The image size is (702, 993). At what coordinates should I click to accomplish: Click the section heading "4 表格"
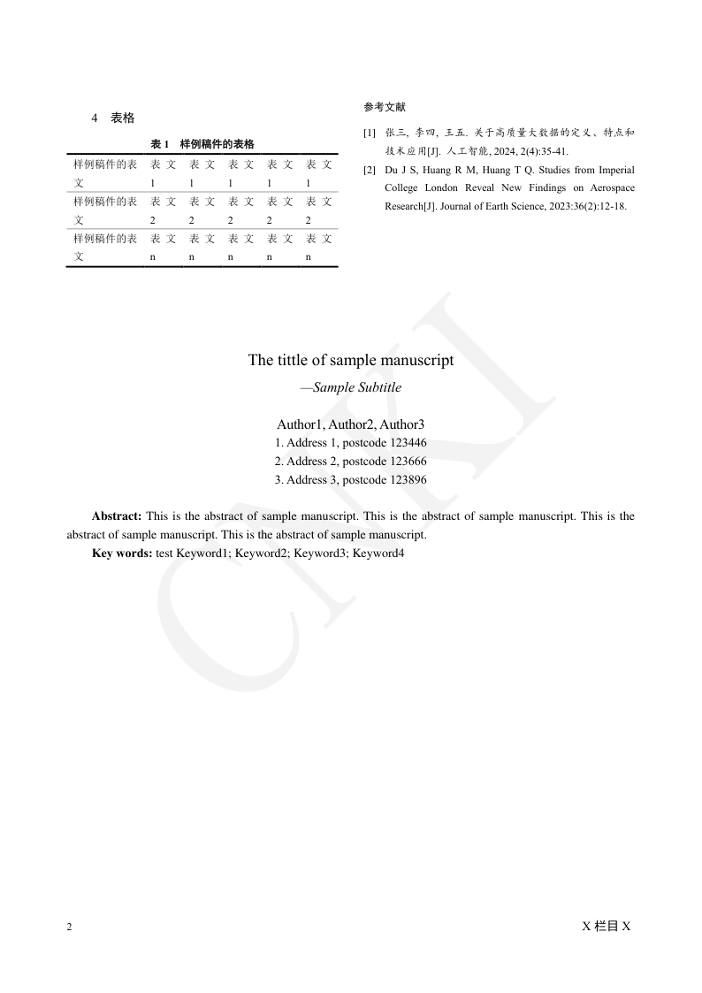tap(113, 118)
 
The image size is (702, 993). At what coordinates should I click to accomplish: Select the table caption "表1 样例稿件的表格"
tap(202, 144)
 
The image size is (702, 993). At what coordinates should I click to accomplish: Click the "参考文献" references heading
tap(384, 107)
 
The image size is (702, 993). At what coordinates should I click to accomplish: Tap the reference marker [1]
tap(369, 133)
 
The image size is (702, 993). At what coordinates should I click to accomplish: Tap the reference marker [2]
tap(369, 170)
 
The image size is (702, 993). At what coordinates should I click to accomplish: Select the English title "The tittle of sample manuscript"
tap(351, 360)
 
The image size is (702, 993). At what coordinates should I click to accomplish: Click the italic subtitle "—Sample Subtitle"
tap(351, 387)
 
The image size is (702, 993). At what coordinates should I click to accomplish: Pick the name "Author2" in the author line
tap(351, 424)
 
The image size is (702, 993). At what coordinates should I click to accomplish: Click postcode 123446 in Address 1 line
tap(408, 443)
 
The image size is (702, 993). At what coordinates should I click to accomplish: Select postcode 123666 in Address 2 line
tap(408, 462)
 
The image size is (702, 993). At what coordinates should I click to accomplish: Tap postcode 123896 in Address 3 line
tap(408, 480)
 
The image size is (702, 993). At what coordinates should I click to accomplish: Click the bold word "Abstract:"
tap(117, 516)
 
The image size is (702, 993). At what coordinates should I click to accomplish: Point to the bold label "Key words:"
tap(122, 553)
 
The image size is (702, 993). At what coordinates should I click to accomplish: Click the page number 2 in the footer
tap(70, 927)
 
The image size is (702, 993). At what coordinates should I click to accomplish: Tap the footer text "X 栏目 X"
tap(606, 926)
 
